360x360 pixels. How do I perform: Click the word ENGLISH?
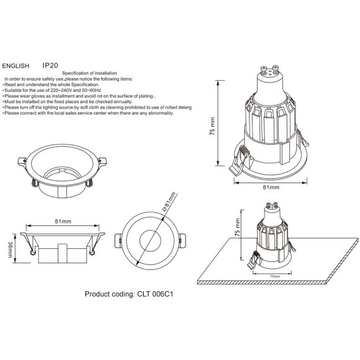17,65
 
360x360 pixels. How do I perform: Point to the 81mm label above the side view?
63,221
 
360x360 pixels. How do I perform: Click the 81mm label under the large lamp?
271,187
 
